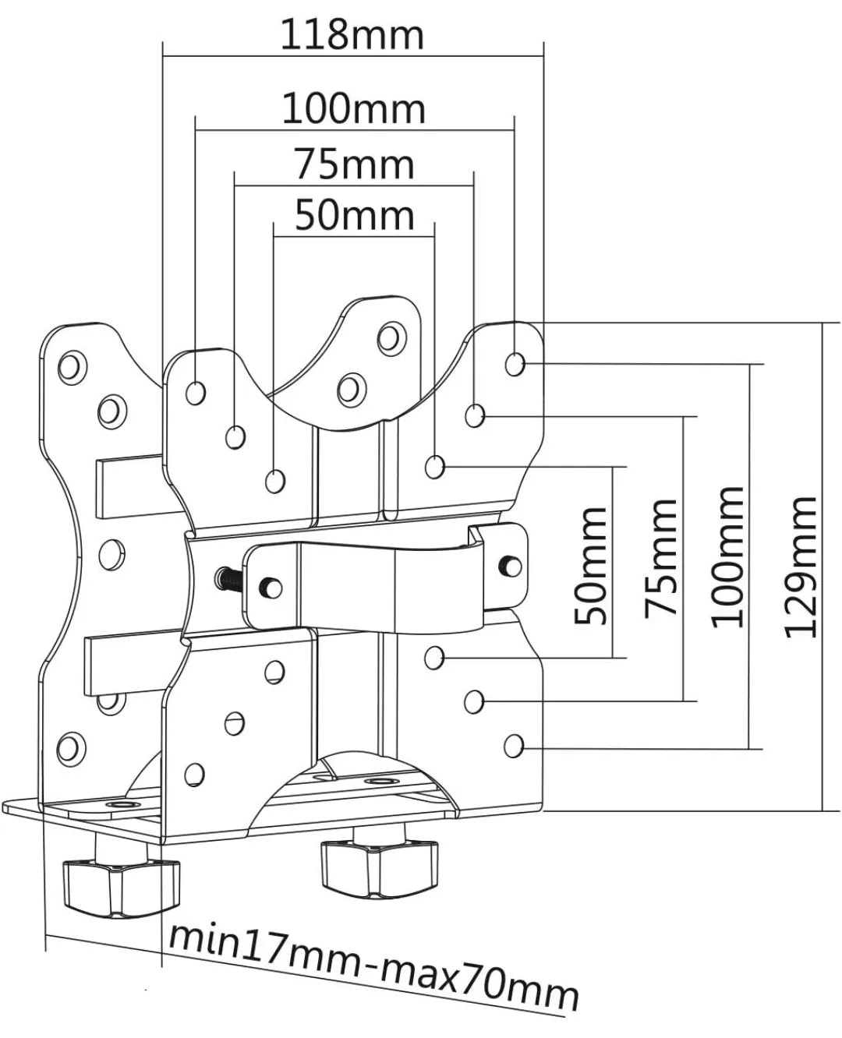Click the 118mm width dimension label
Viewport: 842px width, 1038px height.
tap(352, 35)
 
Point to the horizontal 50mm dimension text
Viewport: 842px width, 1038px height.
tap(355, 215)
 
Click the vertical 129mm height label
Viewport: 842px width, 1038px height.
tap(800, 568)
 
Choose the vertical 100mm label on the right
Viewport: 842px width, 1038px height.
tap(728, 557)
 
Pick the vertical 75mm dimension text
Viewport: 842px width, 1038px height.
tap(660, 559)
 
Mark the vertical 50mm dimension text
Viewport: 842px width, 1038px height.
tap(590, 566)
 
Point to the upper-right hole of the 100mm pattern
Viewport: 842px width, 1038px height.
tap(515, 364)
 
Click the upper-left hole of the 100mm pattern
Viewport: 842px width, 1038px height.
tap(196, 392)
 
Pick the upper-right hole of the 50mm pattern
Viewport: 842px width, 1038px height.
tap(434, 467)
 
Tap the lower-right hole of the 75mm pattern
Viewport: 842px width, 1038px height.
tap(474, 701)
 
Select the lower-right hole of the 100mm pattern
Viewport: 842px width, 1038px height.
tap(514, 746)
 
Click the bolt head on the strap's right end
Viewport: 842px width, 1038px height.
tap(511, 566)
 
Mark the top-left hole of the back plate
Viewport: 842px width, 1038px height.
tap(73, 367)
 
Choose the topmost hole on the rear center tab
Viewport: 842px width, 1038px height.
tap(391, 337)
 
